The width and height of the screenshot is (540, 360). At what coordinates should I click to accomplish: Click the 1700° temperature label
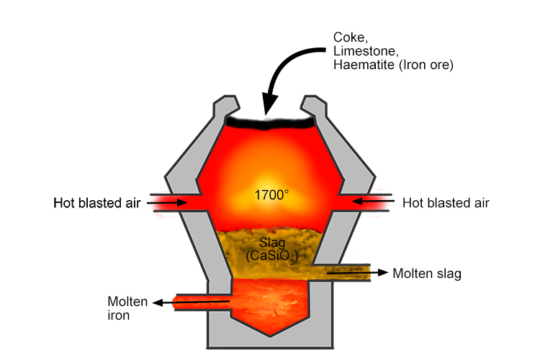click(x=270, y=194)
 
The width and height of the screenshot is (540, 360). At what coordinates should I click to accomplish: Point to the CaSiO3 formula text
click(x=271, y=256)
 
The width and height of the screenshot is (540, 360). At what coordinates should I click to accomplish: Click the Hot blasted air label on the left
click(x=98, y=203)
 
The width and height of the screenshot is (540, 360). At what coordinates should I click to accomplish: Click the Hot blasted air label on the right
click(x=446, y=203)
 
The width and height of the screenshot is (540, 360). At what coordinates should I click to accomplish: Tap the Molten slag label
click(x=428, y=274)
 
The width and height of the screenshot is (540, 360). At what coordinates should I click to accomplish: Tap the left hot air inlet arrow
click(x=171, y=204)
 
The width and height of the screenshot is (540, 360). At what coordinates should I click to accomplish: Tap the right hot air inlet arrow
click(x=372, y=204)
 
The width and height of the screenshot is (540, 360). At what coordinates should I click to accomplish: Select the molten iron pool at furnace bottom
click(x=270, y=302)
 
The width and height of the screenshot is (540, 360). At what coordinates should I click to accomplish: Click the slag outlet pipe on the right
click(x=349, y=272)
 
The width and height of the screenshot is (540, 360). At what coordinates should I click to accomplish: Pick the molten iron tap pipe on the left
click(x=202, y=303)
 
